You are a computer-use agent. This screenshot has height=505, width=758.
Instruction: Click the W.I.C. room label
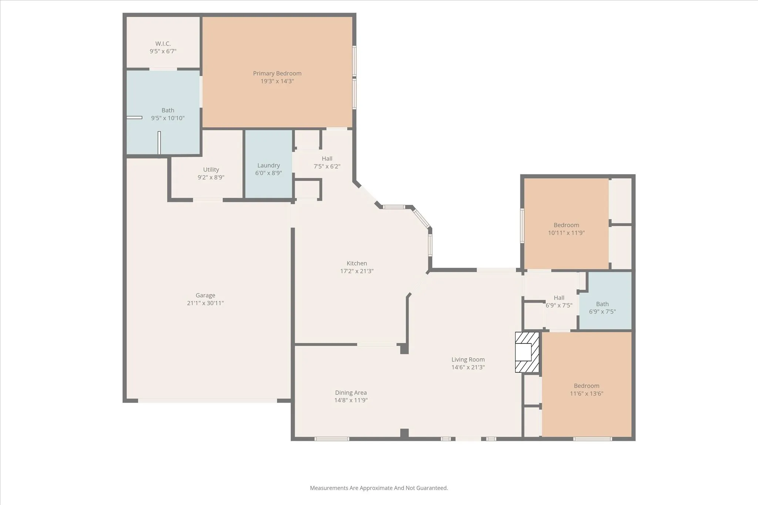(x=163, y=44)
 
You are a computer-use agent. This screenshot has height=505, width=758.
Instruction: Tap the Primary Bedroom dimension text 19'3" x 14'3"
(x=277, y=81)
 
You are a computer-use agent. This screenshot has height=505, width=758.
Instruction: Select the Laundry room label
(x=268, y=165)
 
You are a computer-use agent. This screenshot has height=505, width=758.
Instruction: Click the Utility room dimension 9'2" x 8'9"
(x=211, y=177)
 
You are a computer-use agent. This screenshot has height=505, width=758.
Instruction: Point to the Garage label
(x=205, y=295)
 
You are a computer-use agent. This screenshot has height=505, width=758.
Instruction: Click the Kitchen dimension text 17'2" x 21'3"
(x=357, y=271)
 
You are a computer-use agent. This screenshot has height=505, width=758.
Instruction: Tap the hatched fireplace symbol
(x=527, y=352)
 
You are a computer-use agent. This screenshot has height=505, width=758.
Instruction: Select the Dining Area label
(x=351, y=393)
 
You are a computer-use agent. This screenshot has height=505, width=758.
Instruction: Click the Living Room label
(x=468, y=359)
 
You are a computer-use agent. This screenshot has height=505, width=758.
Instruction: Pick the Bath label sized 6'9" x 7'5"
(x=602, y=304)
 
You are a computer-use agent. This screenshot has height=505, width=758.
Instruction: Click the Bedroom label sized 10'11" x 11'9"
(x=566, y=225)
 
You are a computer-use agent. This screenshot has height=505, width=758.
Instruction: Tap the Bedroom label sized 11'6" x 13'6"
(x=587, y=386)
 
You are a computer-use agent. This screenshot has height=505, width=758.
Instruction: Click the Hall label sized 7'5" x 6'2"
(x=327, y=159)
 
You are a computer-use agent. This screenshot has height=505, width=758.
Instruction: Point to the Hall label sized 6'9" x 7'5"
(x=559, y=298)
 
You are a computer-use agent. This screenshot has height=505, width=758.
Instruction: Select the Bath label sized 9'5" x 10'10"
(x=168, y=110)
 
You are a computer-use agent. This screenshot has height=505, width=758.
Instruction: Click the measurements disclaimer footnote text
(x=379, y=488)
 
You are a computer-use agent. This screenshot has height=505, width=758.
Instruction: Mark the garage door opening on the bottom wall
(x=207, y=400)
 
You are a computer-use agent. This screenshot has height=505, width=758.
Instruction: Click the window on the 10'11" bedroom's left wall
(x=522, y=226)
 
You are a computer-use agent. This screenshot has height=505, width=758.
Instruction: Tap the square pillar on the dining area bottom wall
(x=404, y=433)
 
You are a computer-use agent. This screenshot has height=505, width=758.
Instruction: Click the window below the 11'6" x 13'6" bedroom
(x=593, y=439)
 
